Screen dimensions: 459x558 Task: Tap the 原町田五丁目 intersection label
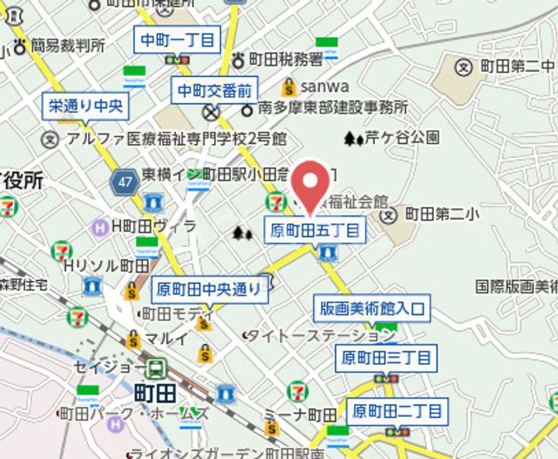coord(315,230)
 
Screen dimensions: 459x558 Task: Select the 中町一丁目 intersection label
coord(178,39)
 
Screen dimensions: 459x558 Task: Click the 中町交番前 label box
coord(215,91)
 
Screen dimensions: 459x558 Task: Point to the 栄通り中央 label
coord(85,105)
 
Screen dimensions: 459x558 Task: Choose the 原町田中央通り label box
coord(209,290)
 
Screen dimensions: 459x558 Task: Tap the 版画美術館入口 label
coord(372,308)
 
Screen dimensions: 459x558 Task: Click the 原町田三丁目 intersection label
coord(385,358)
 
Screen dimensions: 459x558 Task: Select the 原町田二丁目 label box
coord(395,409)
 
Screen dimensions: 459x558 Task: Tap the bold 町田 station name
coord(155,392)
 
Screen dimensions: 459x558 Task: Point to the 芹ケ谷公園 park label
coord(402,139)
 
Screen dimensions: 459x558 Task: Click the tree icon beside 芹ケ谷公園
coord(353,139)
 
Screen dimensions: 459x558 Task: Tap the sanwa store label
coord(325,86)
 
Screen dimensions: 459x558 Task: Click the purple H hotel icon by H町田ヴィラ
coord(100,227)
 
